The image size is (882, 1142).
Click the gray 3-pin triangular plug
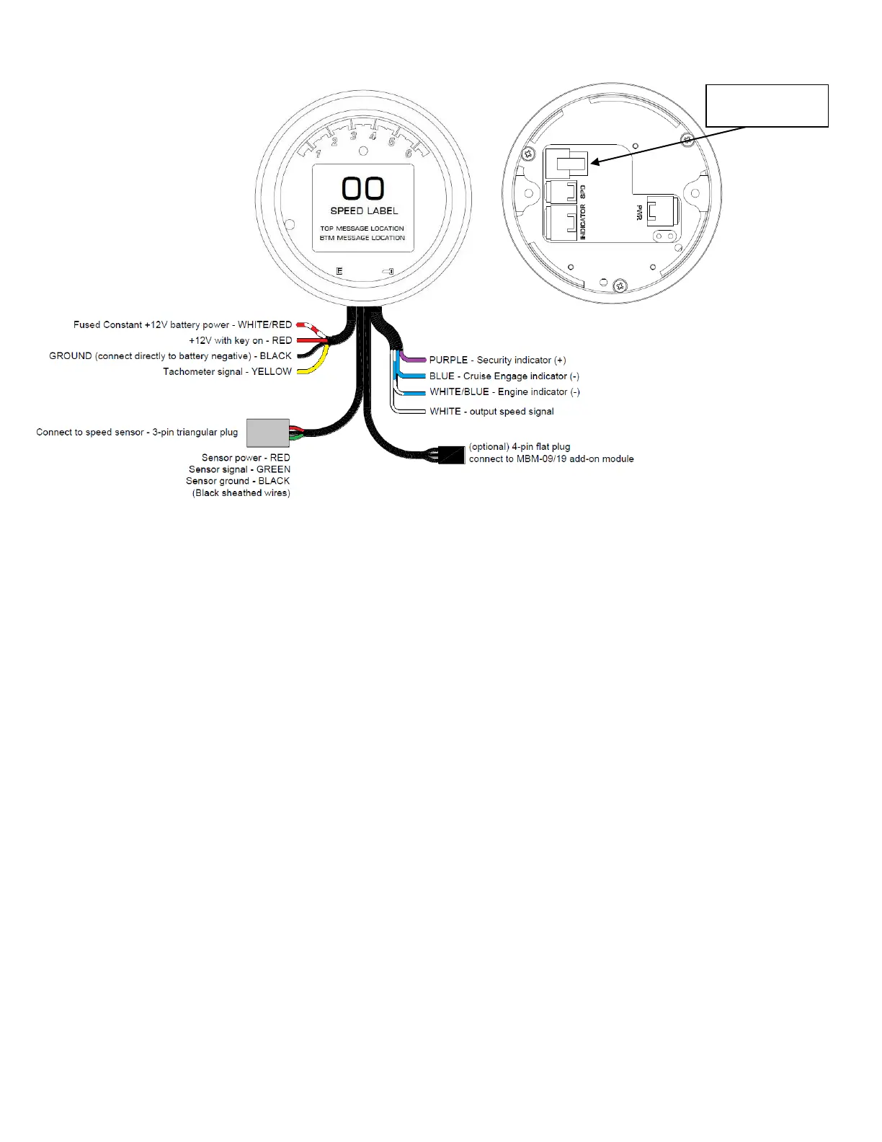pos(268,433)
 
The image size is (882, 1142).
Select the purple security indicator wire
pos(414,359)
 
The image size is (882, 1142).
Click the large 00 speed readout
pos(363,189)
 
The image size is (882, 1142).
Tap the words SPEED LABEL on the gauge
pos(364,211)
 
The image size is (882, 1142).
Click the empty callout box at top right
pos(767,105)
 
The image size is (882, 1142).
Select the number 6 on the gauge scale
pos(409,154)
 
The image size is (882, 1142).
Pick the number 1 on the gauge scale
pos(318,154)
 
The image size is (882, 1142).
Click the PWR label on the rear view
pos(639,213)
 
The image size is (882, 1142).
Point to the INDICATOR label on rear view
pos(583,222)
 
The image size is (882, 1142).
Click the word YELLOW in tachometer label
pos(272,372)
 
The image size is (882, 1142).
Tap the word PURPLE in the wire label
pos(448,360)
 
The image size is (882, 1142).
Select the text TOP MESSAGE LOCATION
pos(362,229)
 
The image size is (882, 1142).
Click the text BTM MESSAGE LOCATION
pos(362,238)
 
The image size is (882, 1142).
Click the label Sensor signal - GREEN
pos(239,469)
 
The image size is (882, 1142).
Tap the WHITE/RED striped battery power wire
pos(307,326)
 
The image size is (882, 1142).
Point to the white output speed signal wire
pos(411,412)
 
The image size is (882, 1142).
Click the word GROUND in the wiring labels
pos(70,356)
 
